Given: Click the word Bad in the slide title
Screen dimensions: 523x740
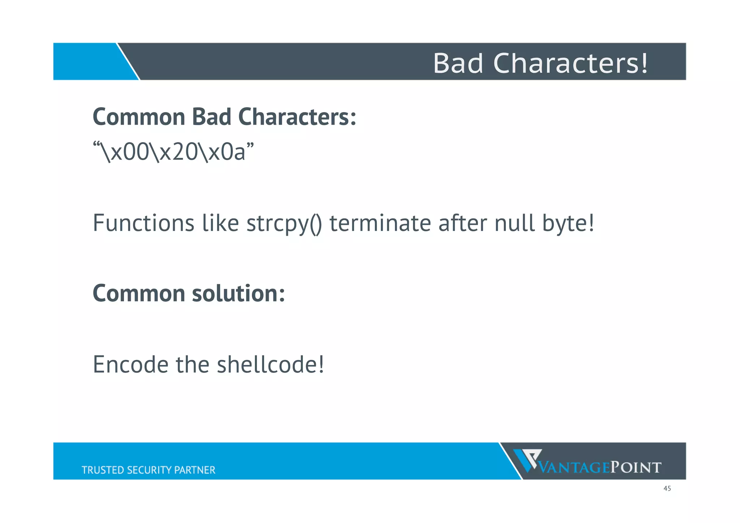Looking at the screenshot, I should click(458, 63).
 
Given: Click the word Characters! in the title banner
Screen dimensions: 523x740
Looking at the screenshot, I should click(571, 63).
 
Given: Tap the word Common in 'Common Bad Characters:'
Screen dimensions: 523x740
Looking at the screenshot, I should click(139, 117).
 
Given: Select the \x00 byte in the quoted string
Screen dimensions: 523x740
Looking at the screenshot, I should click(125, 152).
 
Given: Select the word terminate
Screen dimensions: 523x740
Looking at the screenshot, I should click(380, 223).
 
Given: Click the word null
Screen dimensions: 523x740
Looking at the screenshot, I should click(514, 223).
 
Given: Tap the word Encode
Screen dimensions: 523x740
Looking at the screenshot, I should click(130, 364).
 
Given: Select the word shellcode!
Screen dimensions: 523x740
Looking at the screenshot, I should click(270, 364).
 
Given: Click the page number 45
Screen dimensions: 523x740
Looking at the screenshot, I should click(667, 489).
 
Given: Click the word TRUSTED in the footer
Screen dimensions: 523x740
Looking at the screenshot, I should click(103, 470).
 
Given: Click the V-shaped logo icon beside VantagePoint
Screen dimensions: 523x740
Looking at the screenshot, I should click(527, 460).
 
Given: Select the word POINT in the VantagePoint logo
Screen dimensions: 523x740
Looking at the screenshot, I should click(636, 468).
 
